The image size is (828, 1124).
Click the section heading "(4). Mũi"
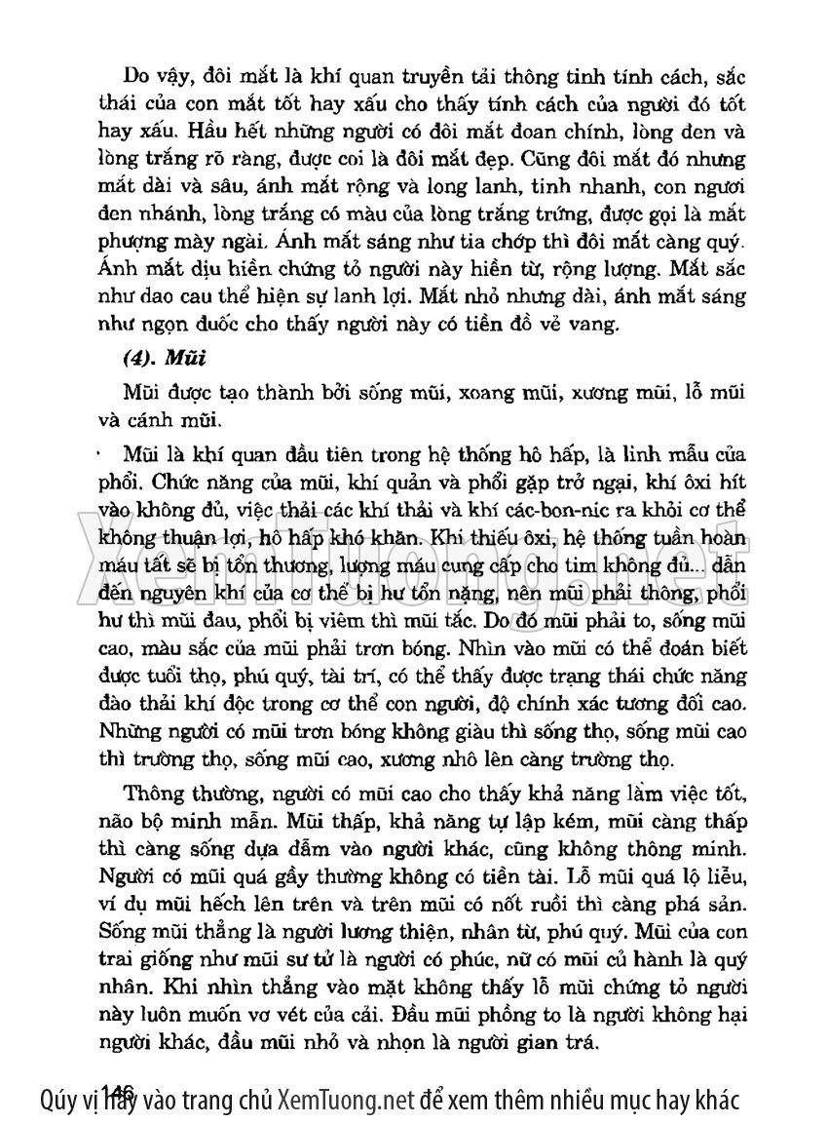162,357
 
